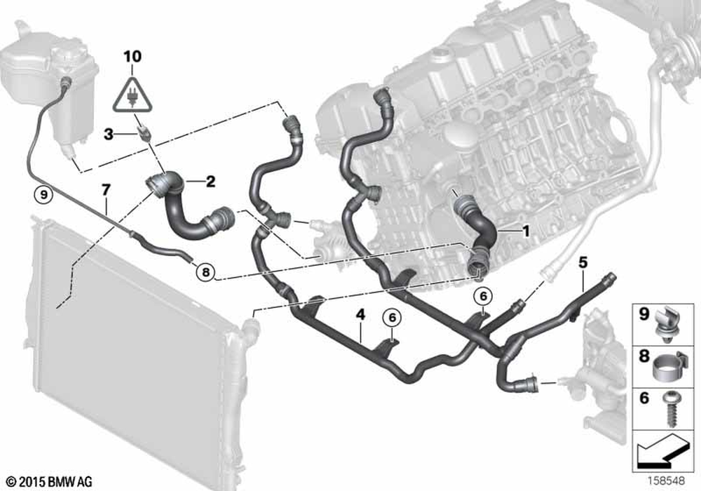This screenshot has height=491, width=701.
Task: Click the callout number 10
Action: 132,57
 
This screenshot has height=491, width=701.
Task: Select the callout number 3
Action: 108,134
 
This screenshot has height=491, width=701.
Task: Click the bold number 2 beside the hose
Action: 210,181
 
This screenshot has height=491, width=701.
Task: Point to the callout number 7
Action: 106,190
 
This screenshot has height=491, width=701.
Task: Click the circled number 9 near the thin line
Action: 43,194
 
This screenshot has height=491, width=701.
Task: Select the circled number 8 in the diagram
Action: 205,271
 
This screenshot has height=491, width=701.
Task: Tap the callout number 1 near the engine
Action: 526,231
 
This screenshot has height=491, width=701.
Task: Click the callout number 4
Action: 360,314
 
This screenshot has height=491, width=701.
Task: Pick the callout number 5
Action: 583,262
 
